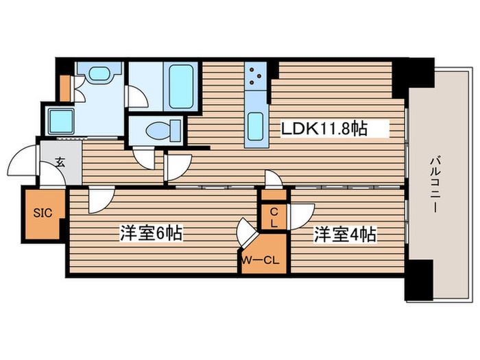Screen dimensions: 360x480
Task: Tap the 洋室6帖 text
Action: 152,234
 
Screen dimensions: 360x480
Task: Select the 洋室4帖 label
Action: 345,234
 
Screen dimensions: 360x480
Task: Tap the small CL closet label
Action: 273,218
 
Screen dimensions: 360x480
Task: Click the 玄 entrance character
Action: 60,163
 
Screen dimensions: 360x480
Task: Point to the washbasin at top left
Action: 100,73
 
